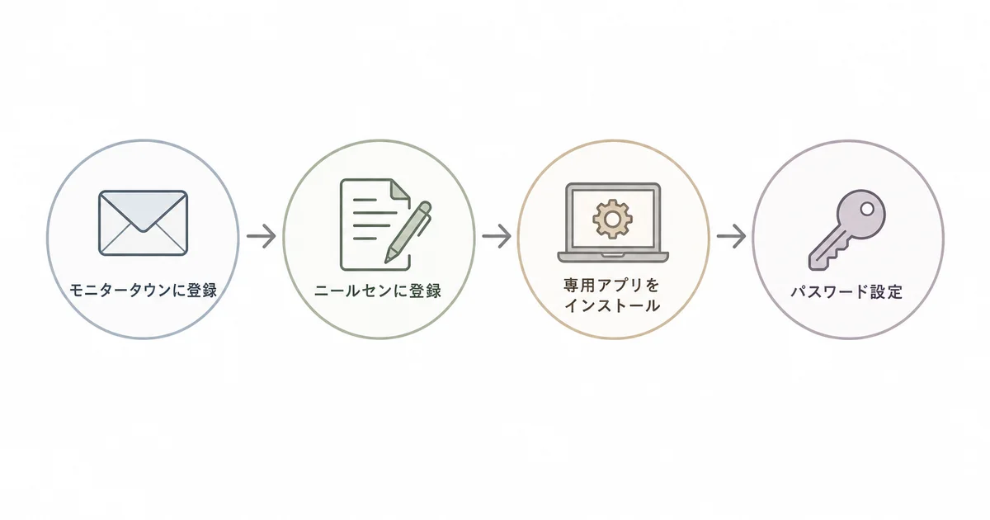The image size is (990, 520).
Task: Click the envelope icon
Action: point(144,223)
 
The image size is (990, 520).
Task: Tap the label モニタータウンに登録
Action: point(144,291)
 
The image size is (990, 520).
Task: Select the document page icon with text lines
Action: point(375,225)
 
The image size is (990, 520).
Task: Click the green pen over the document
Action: point(408,232)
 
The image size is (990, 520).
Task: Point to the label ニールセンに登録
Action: point(378,291)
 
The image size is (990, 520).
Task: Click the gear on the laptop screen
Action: point(612,219)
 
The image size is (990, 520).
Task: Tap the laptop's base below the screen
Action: point(613,257)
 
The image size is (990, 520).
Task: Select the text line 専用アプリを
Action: point(612,286)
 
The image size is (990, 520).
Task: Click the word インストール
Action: point(612,305)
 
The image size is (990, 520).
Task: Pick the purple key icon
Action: point(846,230)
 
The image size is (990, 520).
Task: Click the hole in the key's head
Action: point(867,209)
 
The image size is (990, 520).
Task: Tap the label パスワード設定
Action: point(846,292)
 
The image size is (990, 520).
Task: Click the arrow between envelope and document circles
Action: point(262,236)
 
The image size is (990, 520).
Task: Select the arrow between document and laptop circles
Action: point(497,236)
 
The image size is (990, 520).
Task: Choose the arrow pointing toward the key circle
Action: point(732,236)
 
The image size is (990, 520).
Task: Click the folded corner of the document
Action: point(401,189)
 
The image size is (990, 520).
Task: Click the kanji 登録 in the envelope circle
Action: point(202,291)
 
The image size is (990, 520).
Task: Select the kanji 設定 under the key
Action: point(887,292)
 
